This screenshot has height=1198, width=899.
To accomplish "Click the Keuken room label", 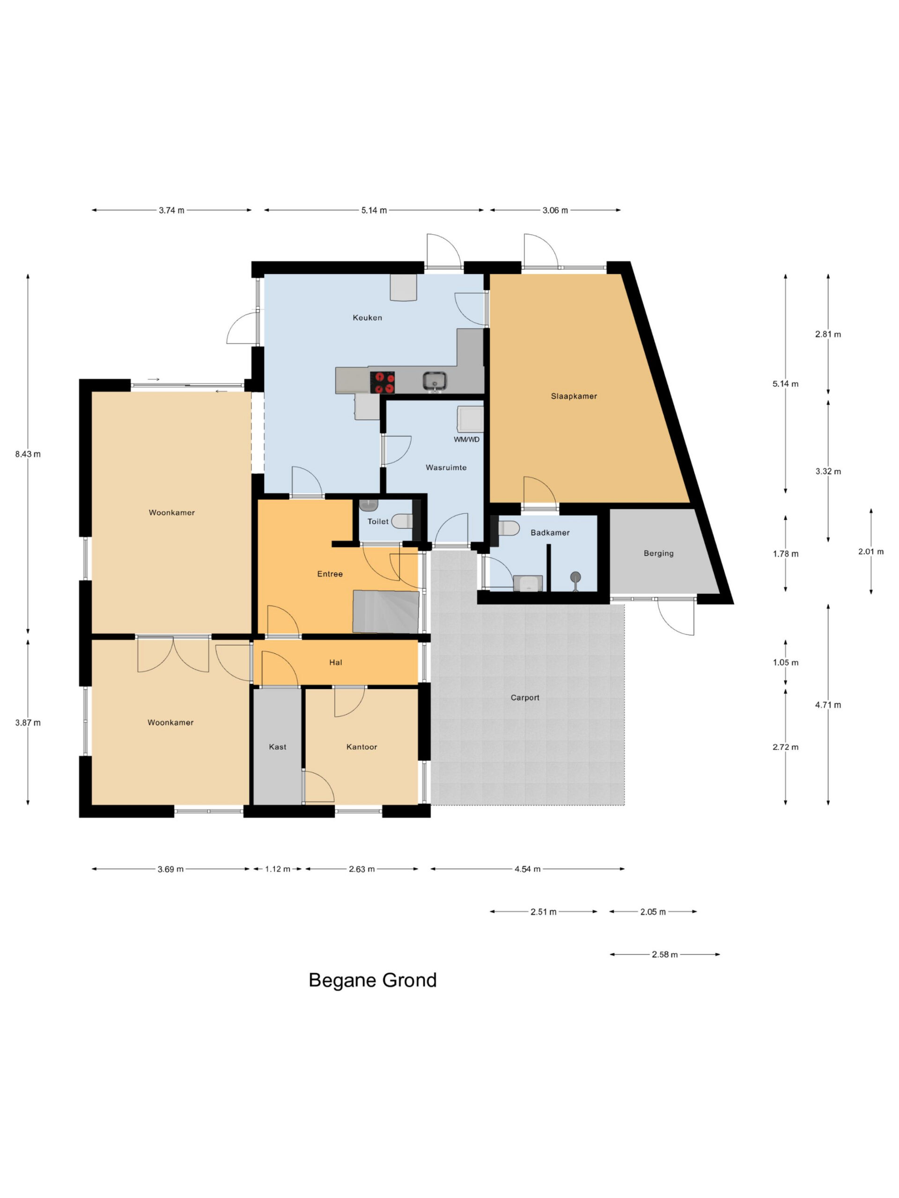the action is [368, 318].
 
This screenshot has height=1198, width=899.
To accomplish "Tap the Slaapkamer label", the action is [574, 396].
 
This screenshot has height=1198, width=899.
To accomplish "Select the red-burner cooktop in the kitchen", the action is [382, 382].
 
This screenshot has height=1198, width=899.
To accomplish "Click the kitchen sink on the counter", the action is [435, 381].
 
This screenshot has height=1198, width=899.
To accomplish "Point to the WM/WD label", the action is [466, 439].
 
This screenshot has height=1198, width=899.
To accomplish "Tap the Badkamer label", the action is [550, 533].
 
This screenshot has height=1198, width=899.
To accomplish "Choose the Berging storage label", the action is [658, 554].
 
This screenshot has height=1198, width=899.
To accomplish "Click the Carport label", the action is [525, 698].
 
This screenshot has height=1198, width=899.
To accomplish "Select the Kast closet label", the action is [278, 747].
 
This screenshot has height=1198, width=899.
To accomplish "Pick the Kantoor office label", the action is [361, 747].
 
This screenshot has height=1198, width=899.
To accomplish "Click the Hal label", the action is [335, 662].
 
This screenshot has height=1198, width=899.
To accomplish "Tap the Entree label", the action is [330, 574].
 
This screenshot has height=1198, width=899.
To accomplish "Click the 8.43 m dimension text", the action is [28, 454].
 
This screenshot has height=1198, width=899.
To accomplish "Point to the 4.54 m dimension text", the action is [527, 869].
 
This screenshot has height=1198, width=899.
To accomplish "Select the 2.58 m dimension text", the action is [665, 955].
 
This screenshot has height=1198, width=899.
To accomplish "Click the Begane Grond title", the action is [373, 980].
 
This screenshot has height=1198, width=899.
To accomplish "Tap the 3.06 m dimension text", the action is [555, 210].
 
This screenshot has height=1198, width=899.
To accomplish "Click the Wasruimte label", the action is [446, 468].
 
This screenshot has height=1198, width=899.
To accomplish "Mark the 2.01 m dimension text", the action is [871, 552].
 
